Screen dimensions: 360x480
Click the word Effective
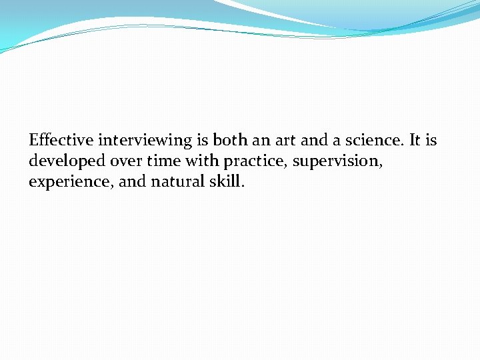click(61, 141)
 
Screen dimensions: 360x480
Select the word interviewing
click(145, 141)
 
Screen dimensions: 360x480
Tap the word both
click(229, 141)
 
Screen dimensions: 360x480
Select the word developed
click(63, 161)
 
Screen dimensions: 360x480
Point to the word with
click(202, 161)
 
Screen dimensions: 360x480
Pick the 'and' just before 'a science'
click(315, 141)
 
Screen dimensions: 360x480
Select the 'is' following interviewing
click(201, 141)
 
